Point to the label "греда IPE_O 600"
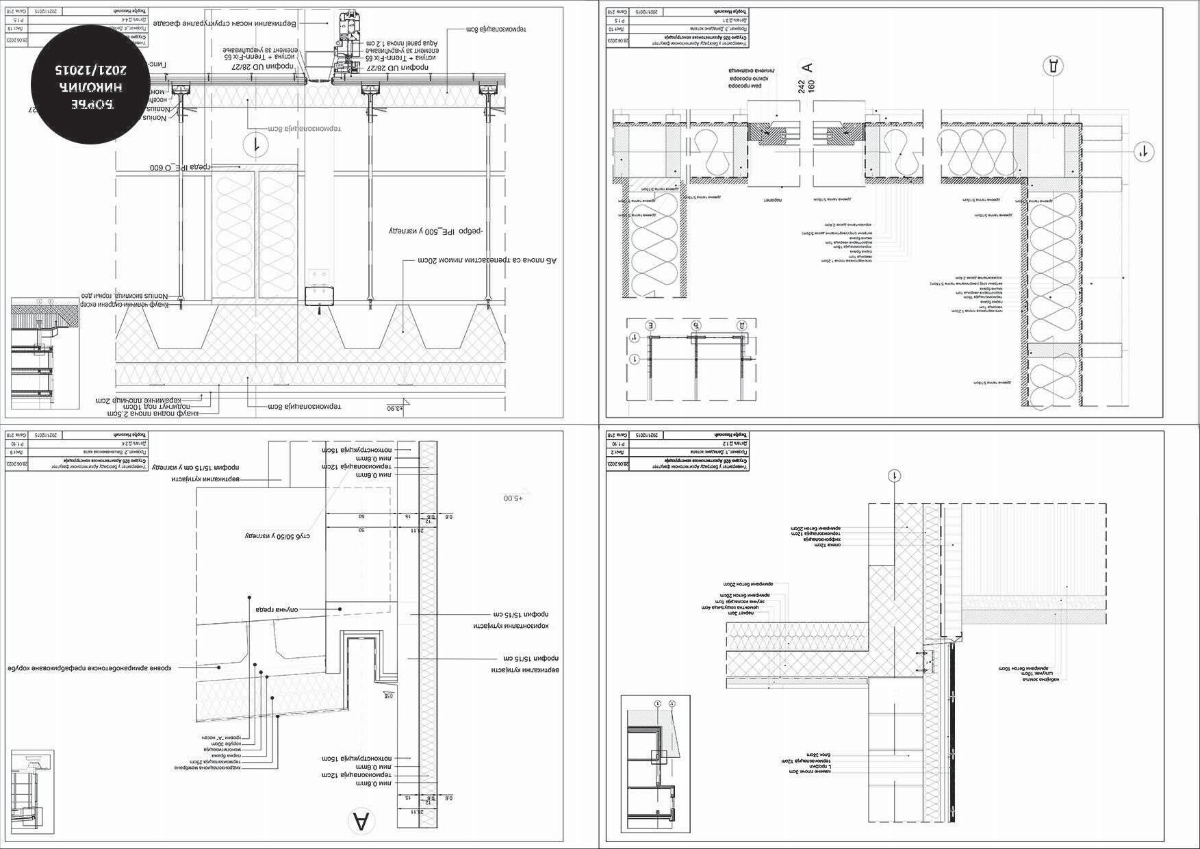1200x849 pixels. pos(179,168)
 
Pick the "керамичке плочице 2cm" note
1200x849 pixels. pos(146,398)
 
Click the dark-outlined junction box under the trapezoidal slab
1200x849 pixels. pos(319,296)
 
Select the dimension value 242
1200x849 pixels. pos(801,86)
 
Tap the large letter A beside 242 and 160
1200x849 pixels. pos(808,67)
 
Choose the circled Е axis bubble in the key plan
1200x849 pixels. pos(650,325)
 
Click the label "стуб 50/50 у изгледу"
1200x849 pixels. pos(278,535)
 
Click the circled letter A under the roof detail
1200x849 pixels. pos(361,820)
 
